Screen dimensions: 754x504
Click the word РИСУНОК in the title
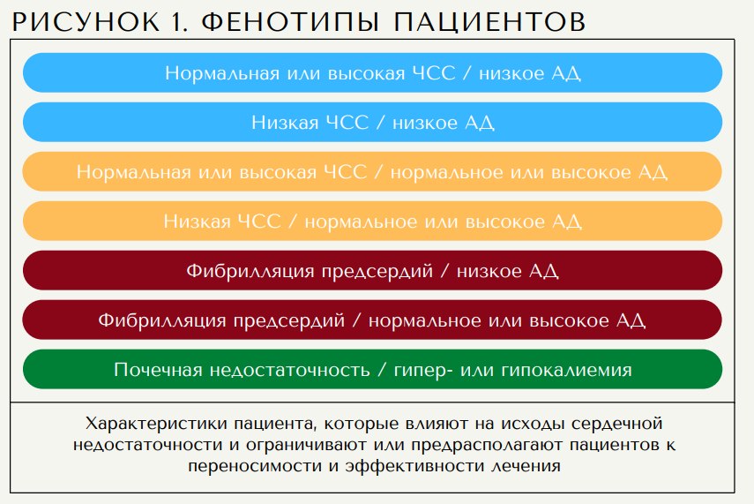(x=86, y=22)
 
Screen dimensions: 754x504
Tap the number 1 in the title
(x=178, y=22)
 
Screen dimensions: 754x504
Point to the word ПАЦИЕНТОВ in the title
(x=489, y=22)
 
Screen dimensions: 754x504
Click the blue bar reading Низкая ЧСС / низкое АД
(x=373, y=123)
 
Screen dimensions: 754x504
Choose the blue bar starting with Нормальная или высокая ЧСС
(x=373, y=72)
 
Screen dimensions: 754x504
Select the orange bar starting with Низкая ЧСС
(x=373, y=221)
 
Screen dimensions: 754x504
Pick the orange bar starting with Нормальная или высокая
(x=373, y=172)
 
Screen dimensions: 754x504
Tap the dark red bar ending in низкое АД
(x=373, y=270)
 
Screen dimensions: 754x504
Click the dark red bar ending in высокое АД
(x=373, y=320)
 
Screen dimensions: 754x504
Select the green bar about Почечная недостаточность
(x=373, y=369)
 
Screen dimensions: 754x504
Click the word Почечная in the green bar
(x=158, y=370)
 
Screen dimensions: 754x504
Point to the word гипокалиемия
(x=566, y=370)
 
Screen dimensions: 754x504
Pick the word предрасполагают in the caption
(x=487, y=445)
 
